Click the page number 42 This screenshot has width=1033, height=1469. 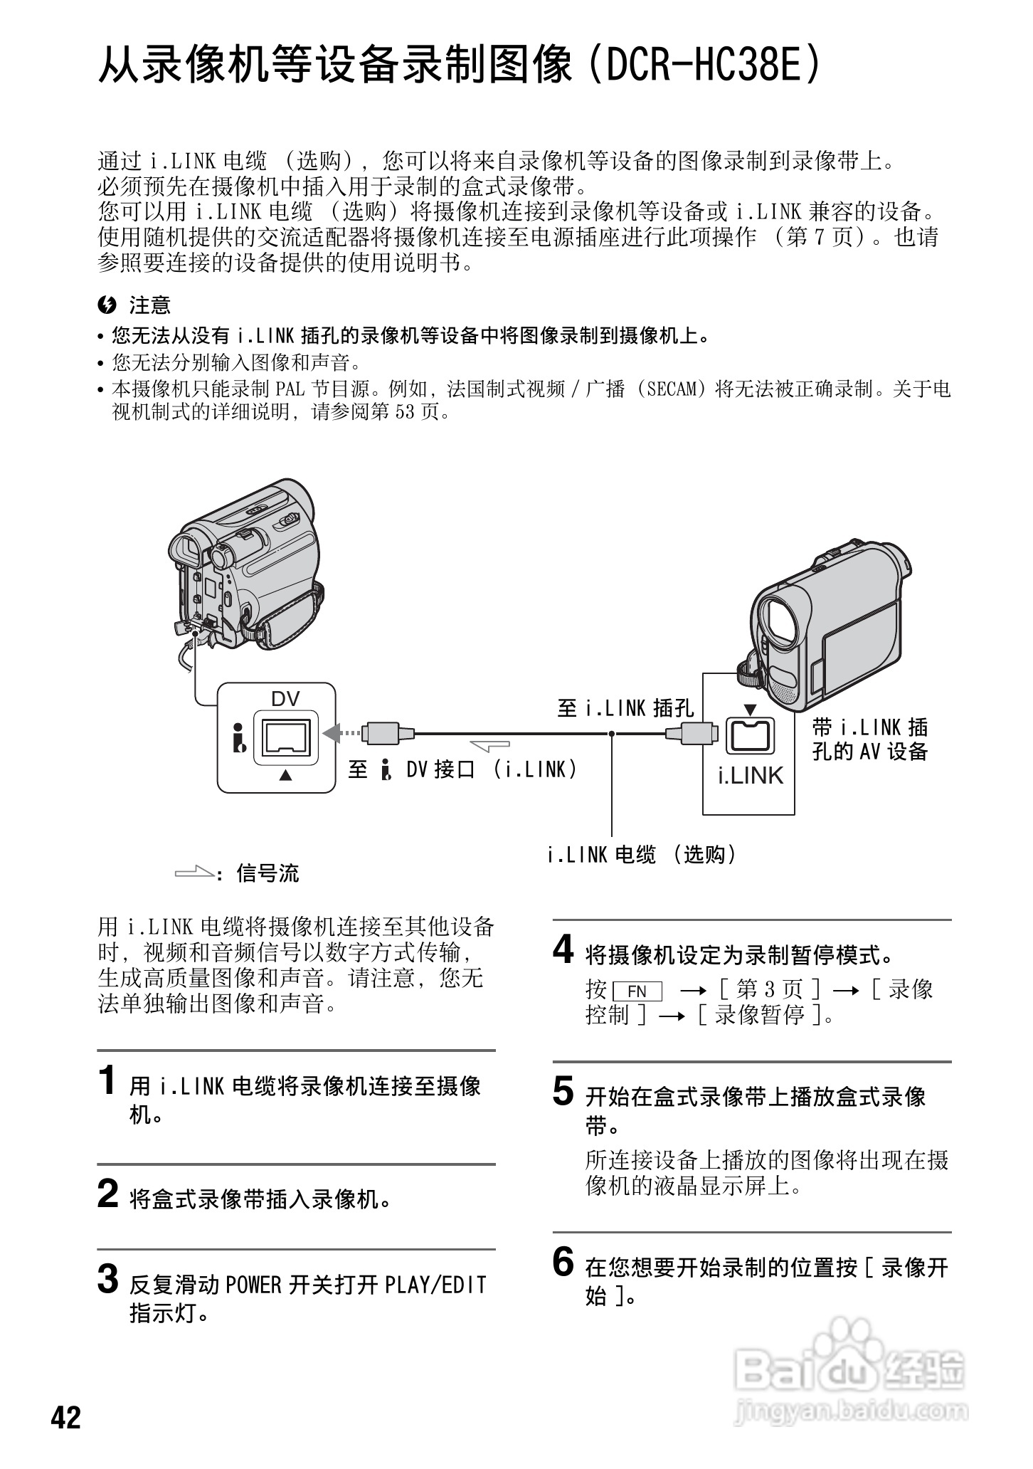66,1417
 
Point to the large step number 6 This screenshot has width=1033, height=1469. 563,1263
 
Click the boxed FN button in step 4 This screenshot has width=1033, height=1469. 636,991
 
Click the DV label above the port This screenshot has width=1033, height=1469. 285,699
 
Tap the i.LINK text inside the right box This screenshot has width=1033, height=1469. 750,776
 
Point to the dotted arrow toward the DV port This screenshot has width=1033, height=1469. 341,732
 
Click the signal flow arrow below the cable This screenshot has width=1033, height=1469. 490,744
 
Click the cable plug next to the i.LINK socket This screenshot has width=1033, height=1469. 692,732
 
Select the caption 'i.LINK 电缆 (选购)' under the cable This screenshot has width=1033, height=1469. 642,854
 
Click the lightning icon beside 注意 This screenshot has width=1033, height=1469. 107,305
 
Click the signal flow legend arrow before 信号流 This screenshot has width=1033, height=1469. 194,872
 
